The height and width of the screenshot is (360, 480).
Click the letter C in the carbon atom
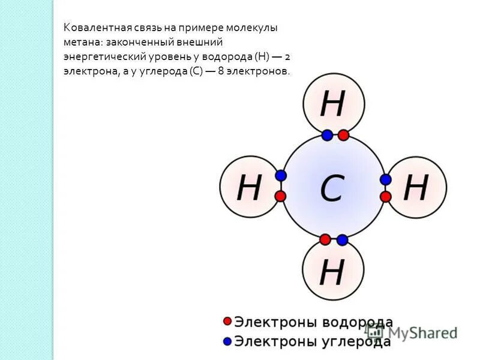click(x=332, y=188)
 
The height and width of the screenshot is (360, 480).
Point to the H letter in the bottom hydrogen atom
click(x=332, y=272)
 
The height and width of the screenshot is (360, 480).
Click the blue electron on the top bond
click(x=327, y=136)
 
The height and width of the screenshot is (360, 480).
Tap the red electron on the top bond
click(x=343, y=136)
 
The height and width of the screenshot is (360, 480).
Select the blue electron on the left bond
click(x=281, y=176)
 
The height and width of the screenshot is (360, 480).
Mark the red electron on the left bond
click(x=281, y=196)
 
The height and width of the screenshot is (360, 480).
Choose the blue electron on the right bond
click(x=386, y=179)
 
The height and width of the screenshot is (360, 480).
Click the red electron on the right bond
click(x=386, y=196)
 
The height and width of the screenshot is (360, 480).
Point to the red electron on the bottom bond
click(x=325, y=240)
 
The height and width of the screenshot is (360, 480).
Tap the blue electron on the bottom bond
click(x=342, y=240)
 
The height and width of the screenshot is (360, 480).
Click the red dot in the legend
click(x=227, y=322)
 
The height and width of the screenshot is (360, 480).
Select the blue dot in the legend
click(x=227, y=341)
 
